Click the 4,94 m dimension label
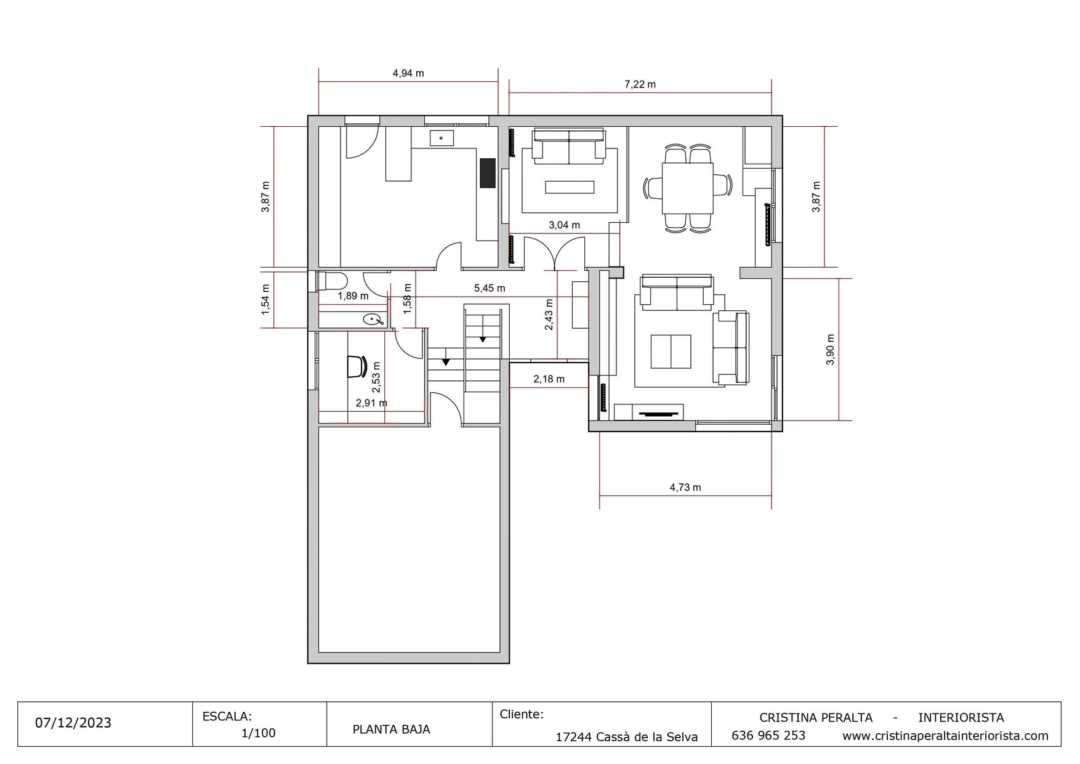[x=408, y=73]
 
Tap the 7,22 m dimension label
[x=640, y=84]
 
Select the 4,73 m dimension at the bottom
[x=685, y=488]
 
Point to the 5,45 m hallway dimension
[x=490, y=288]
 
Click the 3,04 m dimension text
[x=564, y=225]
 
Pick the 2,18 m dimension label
[x=549, y=379]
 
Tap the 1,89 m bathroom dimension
[x=353, y=296]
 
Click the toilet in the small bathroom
[x=331, y=281]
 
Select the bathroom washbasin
[x=373, y=320]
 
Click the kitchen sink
[x=441, y=138]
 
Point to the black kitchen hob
[x=488, y=173]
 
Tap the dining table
[x=688, y=188]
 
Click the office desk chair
[x=357, y=366]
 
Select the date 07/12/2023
[x=73, y=723]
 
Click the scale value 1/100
[x=259, y=733]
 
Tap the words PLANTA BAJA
[x=391, y=730]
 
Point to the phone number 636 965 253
[x=768, y=736]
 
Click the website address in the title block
[x=945, y=736]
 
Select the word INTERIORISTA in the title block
[x=961, y=718]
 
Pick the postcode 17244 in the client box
[x=573, y=737]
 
